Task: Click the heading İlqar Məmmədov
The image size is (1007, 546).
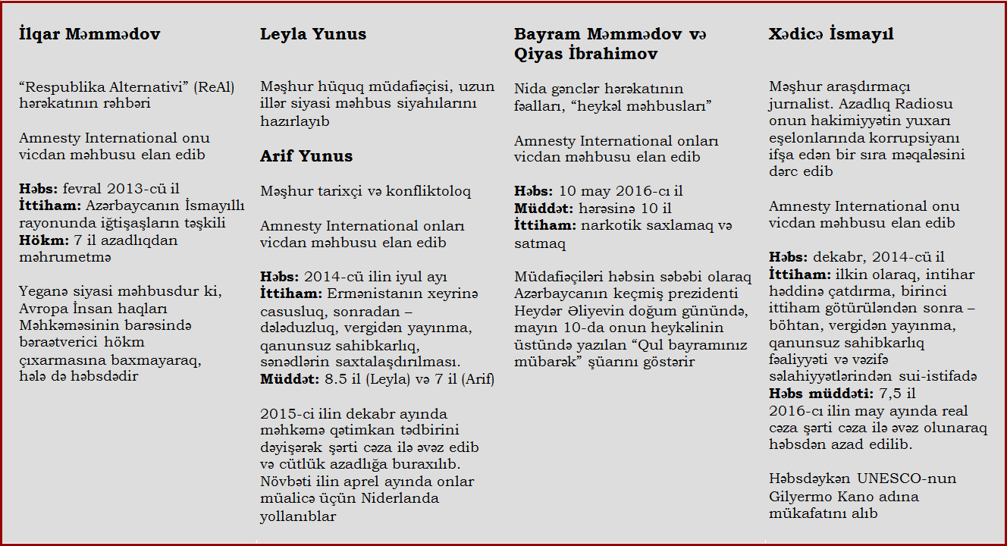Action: (x=89, y=34)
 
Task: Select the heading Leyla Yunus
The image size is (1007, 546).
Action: (x=313, y=34)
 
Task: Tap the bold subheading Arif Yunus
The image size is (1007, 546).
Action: (x=306, y=156)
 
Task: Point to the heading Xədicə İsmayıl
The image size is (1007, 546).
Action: (x=831, y=34)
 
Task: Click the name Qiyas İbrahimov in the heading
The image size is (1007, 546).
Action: (x=585, y=54)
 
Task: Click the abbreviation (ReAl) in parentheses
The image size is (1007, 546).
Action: (x=214, y=88)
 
